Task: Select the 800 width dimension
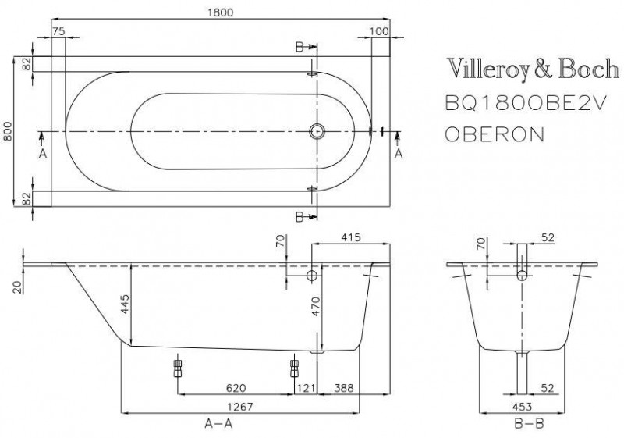[9, 131]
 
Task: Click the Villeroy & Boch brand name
[526, 69]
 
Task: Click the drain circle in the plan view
[317, 131]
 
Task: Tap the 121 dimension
[305, 387]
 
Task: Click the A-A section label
[220, 424]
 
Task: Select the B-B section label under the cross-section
[523, 424]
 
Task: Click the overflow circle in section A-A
[313, 276]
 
